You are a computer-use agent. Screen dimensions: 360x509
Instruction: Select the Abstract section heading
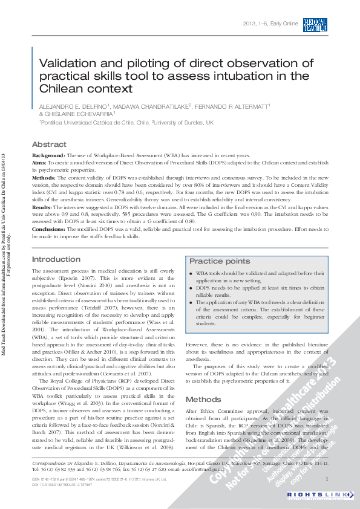(49, 145)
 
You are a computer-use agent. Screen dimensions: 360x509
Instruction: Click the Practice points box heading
(220, 261)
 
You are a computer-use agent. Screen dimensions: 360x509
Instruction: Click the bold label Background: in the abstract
(48, 156)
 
